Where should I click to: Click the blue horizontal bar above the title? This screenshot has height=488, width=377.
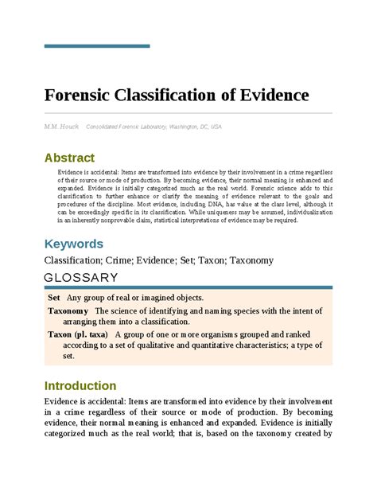tap(96, 45)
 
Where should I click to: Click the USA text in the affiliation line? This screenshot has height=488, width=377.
tap(216, 127)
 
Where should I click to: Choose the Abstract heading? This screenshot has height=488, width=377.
tap(69, 158)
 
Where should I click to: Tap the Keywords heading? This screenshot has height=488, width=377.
tap(73, 243)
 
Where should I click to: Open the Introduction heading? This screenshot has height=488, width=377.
tap(80, 385)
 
